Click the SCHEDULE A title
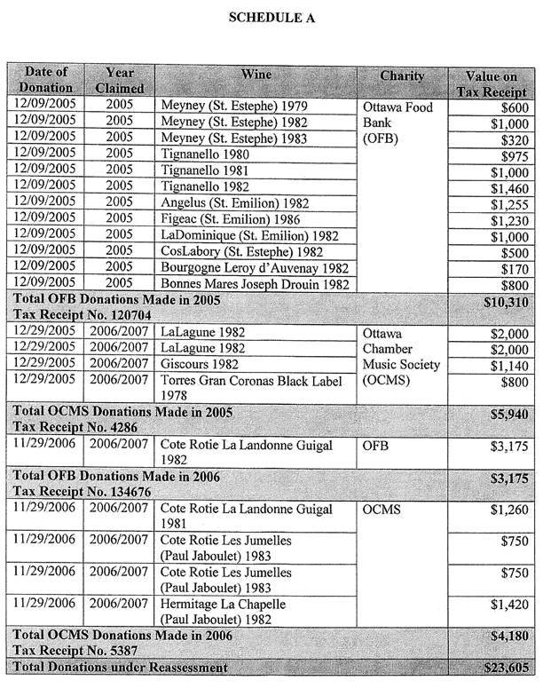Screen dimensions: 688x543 [x=271, y=17]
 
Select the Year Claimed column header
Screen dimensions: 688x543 [x=119, y=79]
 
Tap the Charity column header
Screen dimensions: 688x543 [x=402, y=76]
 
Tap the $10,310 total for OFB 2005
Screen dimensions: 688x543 [x=505, y=302]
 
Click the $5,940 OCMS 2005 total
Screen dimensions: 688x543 [x=508, y=414]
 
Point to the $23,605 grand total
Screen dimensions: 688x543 [x=505, y=668]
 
